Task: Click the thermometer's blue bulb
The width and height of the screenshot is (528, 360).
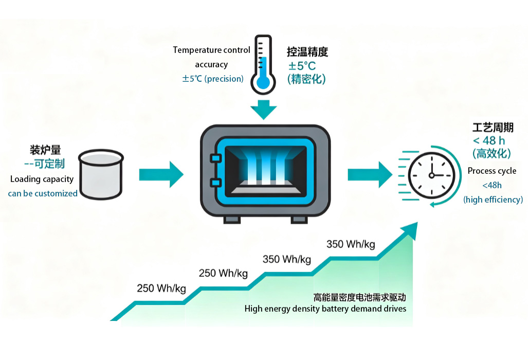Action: (263, 82)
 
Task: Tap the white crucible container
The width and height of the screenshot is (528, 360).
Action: (101, 174)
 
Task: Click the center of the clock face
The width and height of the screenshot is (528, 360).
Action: (432, 175)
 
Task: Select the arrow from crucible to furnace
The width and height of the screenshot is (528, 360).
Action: (161, 174)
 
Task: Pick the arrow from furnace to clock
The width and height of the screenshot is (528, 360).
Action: (370, 174)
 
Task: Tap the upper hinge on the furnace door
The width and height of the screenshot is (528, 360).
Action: (215, 158)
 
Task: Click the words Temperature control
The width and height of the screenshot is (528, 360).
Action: (211, 50)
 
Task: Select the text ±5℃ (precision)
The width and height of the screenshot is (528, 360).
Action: (213, 79)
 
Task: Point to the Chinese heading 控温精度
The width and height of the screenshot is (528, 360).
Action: (307, 51)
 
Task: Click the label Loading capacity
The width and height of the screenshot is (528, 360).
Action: (42, 179)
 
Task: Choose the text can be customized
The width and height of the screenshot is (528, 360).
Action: (43, 194)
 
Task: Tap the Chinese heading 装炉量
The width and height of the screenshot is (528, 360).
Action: (45, 150)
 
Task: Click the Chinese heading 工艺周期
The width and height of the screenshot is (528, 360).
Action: (493, 128)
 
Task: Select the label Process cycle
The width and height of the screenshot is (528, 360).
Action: (492, 171)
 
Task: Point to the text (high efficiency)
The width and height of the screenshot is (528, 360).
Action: (494, 200)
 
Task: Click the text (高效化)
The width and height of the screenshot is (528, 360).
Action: (491, 154)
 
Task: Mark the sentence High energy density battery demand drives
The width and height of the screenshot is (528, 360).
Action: (325, 309)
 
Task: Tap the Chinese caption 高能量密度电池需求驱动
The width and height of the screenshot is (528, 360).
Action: (360, 297)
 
